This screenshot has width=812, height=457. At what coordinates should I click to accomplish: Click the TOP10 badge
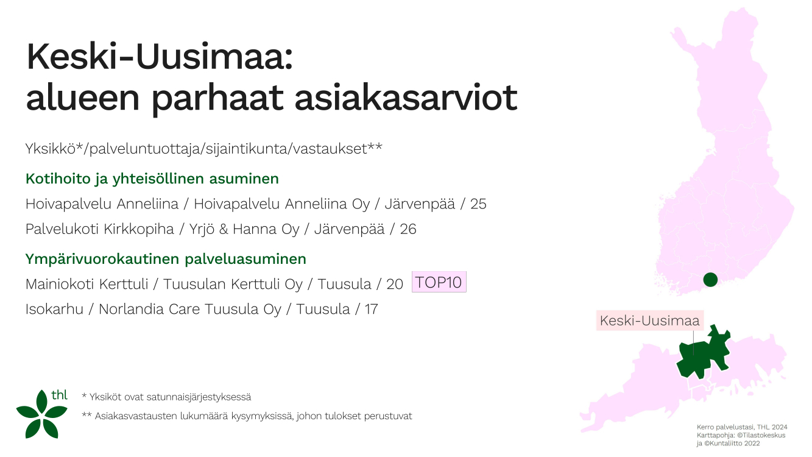[x=439, y=282]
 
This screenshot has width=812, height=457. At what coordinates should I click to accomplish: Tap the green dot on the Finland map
[x=710, y=280]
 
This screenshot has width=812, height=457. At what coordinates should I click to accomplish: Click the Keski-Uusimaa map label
[x=649, y=321]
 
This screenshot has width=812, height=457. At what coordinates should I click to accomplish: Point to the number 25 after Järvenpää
[x=478, y=204]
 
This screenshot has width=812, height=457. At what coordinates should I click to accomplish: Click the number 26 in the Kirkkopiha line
[x=408, y=229]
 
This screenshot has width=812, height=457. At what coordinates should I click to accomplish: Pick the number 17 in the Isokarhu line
[x=371, y=309]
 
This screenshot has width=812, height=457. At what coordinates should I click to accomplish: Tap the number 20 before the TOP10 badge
[x=394, y=284]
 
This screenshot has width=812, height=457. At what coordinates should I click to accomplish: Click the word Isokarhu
[x=54, y=309]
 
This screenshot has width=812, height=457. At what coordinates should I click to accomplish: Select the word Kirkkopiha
[x=139, y=229]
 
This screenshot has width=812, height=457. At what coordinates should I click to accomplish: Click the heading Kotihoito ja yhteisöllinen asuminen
[x=152, y=179]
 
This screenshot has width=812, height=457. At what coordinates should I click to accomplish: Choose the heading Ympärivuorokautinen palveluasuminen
[x=166, y=259]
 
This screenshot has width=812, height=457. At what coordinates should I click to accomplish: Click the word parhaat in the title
[x=217, y=98]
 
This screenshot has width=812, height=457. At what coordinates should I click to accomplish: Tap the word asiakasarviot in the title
[x=406, y=97]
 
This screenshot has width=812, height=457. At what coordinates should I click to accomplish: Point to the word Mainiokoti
[x=87, y=284]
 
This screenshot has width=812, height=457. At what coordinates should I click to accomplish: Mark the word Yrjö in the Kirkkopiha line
[x=202, y=230]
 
